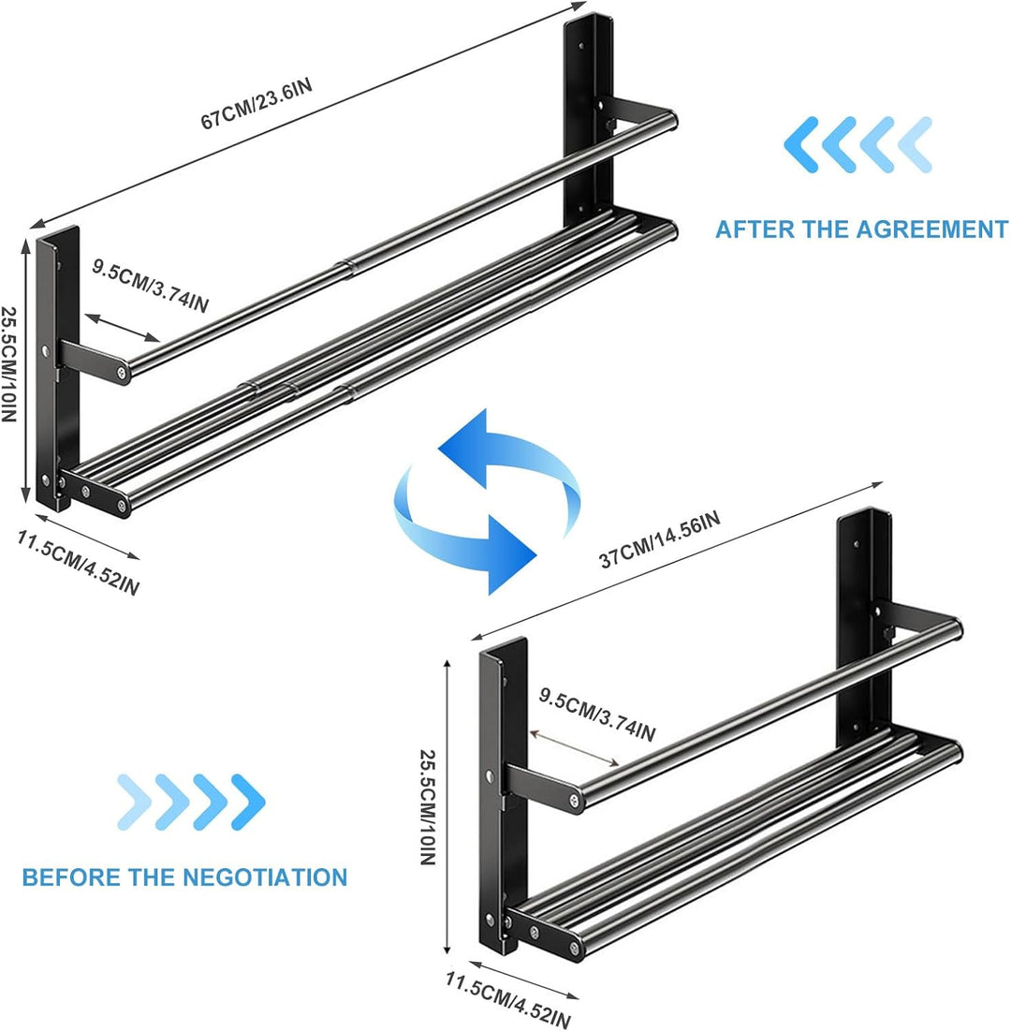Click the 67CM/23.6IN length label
coord(256,103)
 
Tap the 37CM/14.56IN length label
coord(660,538)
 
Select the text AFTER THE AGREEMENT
coord(861,229)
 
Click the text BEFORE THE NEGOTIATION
coord(184,877)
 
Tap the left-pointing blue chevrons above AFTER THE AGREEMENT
coord(857,144)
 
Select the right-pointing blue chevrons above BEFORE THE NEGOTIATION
coord(191,802)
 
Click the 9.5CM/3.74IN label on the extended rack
coord(150,286)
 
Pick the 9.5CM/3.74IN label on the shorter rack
coord(597,715)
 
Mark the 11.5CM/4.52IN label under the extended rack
coord(78,563)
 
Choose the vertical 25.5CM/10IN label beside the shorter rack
coord(428,806)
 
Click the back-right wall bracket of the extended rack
coord(590,119)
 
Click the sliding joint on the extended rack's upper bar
coord(348,264)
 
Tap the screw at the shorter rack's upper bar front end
coord(574,801)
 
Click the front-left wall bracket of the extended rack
coord(58,369)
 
